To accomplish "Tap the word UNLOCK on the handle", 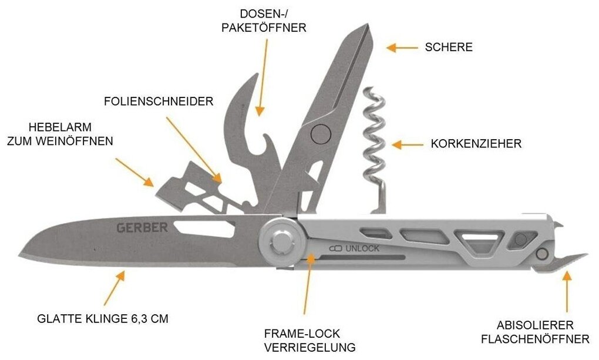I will tap(362, 248).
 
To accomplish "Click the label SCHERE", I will tap(449, 48).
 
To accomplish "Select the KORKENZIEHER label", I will tap(476, 144).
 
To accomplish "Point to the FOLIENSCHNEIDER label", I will tap(159, 102).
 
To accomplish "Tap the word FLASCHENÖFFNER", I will tap(535, 339).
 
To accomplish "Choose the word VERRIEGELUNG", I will tap(310, 347).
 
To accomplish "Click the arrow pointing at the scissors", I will tap(400, 48).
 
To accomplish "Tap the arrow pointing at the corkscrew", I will tap(407, 144).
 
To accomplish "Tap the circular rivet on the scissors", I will tap(319, 134).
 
